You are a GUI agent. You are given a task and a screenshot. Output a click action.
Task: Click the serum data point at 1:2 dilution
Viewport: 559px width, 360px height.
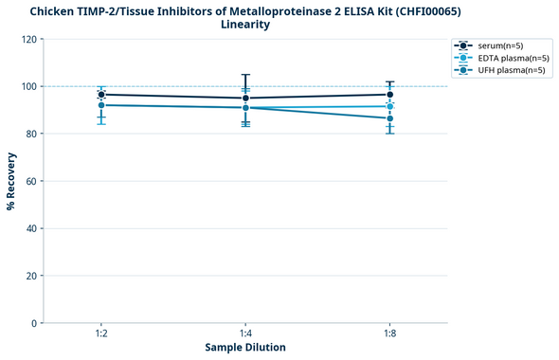[x=101, y=95]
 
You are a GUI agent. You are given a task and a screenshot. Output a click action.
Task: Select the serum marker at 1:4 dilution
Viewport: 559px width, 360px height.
[x=245, y=98]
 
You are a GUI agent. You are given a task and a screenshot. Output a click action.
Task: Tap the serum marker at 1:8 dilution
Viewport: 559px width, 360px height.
[x=389, y=94]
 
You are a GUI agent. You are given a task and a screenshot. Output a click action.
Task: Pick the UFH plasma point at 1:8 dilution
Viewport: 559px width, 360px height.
[x=389, y=118]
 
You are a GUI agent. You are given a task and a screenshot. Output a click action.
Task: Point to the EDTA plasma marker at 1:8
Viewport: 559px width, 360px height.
[x=389, y=106]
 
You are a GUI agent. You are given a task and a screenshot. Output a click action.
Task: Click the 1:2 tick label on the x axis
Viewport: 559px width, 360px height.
[x=101, y=334]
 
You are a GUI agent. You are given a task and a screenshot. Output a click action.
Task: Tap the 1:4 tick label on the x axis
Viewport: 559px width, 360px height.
[x=245, y=334]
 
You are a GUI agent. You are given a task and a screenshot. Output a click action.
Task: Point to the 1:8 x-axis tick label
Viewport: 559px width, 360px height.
[x=389, y=334]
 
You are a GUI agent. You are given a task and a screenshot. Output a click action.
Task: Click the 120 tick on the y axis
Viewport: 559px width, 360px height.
[x=28, y=40]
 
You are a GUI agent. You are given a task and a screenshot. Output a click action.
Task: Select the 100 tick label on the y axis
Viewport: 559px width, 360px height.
[x=28, y=86]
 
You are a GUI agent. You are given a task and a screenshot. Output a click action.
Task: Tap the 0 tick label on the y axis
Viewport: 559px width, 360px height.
[x=34, y=323]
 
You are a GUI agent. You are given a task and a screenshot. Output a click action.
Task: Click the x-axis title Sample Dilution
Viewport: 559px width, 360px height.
[x=245, y=348]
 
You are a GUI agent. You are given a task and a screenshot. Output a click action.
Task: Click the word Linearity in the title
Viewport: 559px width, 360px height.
[x=245, y=25]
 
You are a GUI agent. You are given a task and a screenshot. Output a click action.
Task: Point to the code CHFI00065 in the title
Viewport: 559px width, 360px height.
[x=425, y=10]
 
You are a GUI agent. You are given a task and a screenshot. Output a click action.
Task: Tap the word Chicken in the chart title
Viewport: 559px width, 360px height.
[x=56, y=10]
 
